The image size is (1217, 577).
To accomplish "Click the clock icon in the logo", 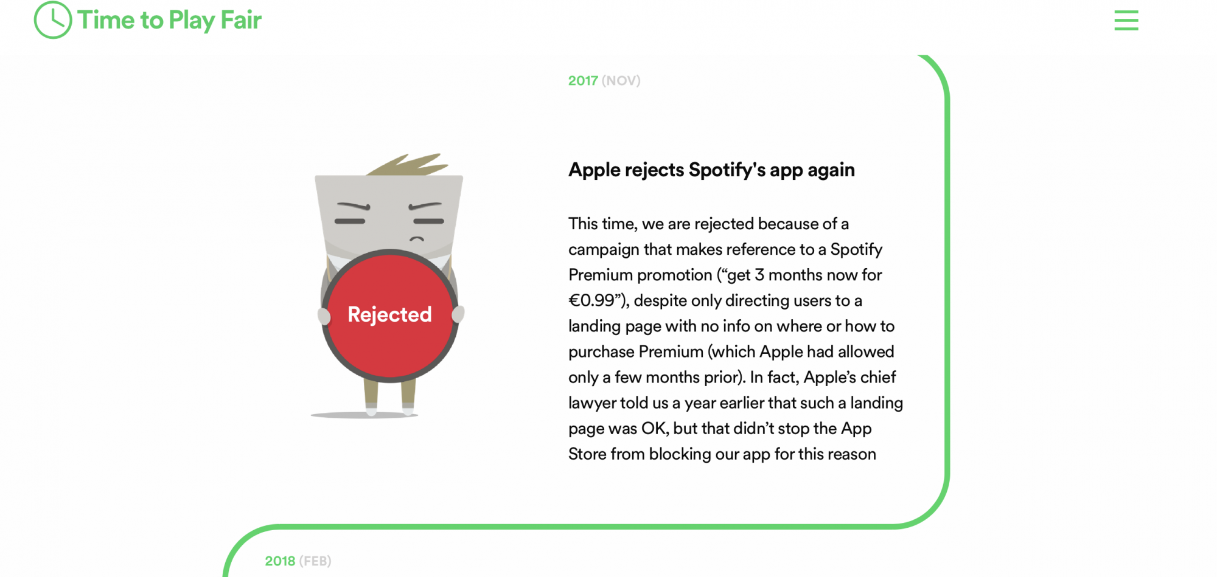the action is [x=53, y=20].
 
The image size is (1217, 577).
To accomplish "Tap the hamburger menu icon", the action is [x=1126, y=20].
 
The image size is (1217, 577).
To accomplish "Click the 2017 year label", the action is [x=583, y=81].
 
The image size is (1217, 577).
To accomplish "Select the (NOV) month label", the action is [x=621, y=81].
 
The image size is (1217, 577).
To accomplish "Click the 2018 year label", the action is [x=280, y=561].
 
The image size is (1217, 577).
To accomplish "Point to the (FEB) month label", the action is [x=315, y=561].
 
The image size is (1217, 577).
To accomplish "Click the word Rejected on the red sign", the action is [x=389, y=314].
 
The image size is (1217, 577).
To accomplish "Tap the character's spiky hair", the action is [x=408, y=165].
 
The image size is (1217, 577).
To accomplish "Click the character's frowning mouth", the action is [x=417, y=239].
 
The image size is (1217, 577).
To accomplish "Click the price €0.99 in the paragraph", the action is [x=591, y=300].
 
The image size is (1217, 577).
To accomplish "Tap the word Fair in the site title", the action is [x=241, y=20].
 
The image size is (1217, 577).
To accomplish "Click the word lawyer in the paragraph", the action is [x=587, y=404].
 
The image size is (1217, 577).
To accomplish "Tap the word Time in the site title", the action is [x=106, y=20].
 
